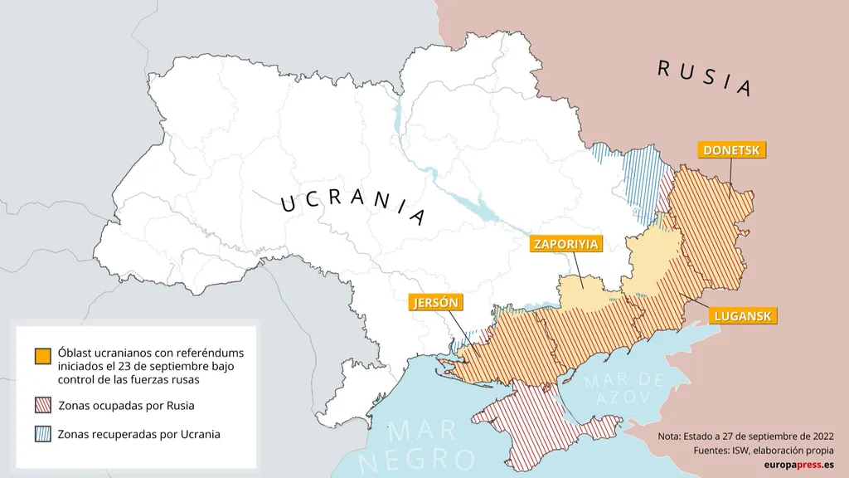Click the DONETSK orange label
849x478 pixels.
730,150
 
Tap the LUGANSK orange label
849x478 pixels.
742,316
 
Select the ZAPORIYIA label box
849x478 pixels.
566,244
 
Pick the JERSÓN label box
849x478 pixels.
436,302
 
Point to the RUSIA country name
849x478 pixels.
704,78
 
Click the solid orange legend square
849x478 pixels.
43,355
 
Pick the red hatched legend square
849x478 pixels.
43,406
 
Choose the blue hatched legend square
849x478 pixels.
43,434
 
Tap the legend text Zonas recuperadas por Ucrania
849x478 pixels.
138,434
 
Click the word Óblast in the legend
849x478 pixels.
76,352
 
